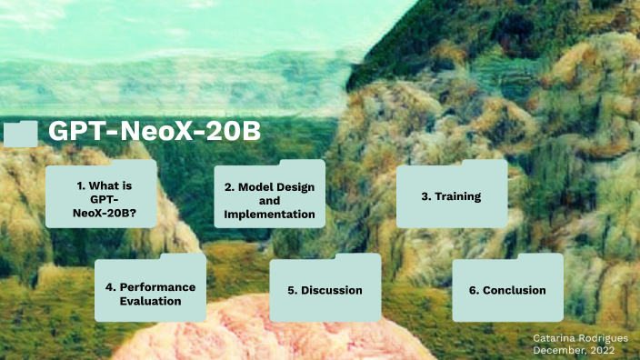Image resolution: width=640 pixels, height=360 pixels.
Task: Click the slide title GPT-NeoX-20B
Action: click(155, 132)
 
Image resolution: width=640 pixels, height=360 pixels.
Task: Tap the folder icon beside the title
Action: click(20, 134)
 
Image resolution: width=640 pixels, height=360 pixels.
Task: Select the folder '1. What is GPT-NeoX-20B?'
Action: click(101, 199)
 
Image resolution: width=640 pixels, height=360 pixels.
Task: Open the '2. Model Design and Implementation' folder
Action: click(269, 200)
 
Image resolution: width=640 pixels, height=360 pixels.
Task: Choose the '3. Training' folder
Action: click(451, 196)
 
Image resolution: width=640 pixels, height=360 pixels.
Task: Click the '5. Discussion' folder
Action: click(325, 290)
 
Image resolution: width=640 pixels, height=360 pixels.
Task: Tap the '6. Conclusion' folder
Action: click(507, 290)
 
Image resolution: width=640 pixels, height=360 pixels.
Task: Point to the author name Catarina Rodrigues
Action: click(580, 337)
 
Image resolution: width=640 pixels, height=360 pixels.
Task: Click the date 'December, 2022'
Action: click(575, 350)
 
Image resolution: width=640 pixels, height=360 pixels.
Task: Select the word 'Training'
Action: click(457, 196)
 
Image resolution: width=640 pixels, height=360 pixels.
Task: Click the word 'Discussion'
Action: click(333, 290)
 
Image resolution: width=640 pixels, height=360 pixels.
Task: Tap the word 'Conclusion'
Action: click(515, 290)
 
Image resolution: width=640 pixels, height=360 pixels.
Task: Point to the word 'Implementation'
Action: click(269, 215)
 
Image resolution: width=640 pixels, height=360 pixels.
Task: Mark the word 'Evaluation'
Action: click(151, 301)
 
